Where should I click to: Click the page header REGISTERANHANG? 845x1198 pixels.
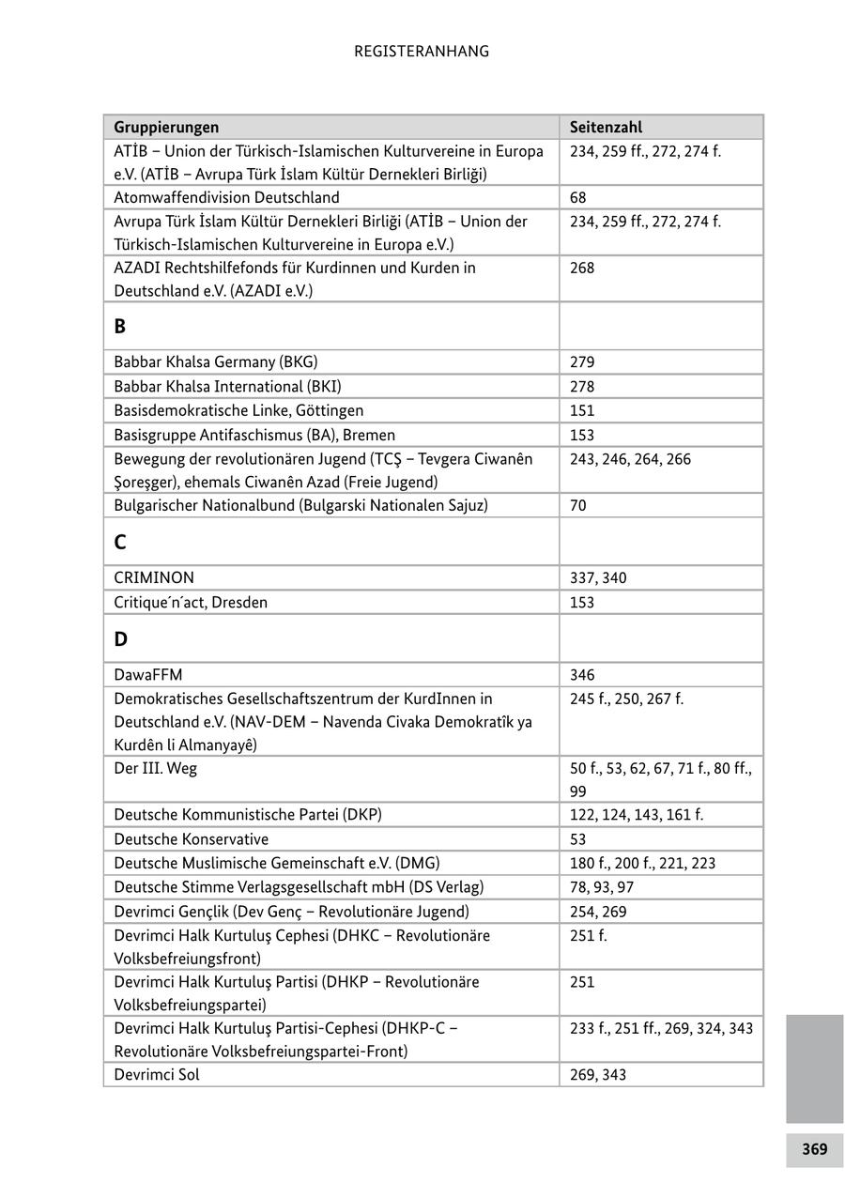click(422, 52)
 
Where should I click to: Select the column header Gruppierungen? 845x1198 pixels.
click(166, 127)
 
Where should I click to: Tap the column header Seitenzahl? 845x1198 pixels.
click(606, 127)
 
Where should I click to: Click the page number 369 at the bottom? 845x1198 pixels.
click(814, 1149)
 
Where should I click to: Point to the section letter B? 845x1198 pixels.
click(120, 327)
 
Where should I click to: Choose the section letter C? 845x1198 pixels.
click(120, 543)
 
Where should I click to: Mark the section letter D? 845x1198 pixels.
click(120, 639)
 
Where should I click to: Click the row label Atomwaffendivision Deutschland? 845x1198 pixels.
click(226, 197)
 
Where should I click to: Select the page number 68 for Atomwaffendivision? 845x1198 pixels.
click(578, 197)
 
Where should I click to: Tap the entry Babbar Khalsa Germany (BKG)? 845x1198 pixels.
click(215, 361)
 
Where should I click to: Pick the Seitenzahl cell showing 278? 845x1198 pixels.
click(582, 386)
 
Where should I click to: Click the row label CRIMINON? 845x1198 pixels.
click(154, 577)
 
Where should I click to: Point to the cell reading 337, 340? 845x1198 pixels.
click(598, 577)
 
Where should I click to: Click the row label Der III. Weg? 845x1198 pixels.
click(155, 768)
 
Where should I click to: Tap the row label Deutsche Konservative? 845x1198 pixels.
click(191, 838)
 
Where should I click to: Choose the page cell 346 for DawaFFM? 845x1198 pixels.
click(582, 674)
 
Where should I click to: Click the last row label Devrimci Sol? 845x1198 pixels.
click(157, 1074)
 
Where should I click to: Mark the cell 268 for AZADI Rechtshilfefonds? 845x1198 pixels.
click(582, 268)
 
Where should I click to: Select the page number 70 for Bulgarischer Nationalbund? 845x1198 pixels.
click(578, 505)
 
